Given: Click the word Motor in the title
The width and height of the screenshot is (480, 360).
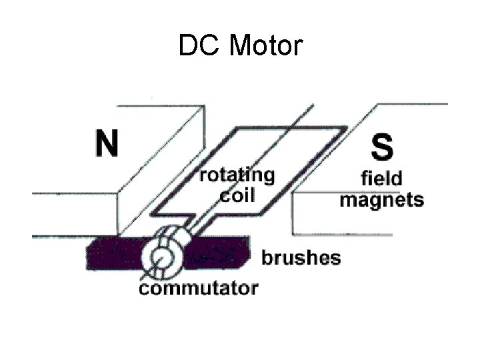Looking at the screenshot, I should (266, 46).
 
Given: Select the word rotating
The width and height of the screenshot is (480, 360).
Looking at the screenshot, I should (237, 176).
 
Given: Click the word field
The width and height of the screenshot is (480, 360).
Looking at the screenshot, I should (381, 178).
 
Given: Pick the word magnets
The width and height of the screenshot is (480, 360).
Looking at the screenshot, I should (381, 199).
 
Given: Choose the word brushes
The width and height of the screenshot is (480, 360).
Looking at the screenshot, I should (301, 258).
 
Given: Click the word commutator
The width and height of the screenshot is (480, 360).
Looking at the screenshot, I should (198, 288).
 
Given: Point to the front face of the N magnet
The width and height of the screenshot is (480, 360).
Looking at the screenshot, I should (73, 213).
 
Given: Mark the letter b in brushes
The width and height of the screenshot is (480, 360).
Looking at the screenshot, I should (267, 257).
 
